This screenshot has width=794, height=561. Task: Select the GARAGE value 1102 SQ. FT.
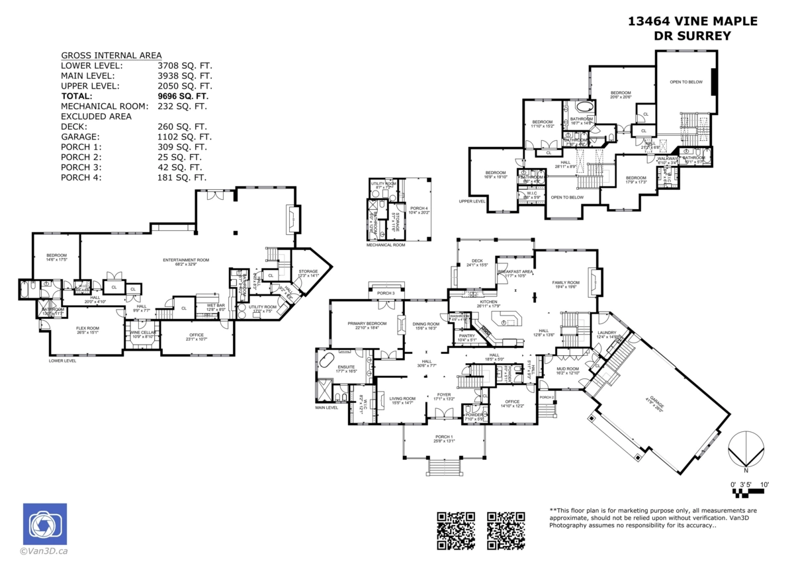click(x=182, y=137)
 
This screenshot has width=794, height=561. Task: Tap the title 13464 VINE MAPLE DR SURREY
click(x=692, y=28)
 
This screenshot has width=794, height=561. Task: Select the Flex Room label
click(x=87, y=330)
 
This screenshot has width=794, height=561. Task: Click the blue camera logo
click(x=44, y=524)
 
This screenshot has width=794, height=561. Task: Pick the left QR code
click(x=456, y=530)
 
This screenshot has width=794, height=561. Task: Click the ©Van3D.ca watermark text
click(x=44, y=550)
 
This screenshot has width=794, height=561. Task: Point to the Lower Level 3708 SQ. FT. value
click(x=185, y=66)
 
